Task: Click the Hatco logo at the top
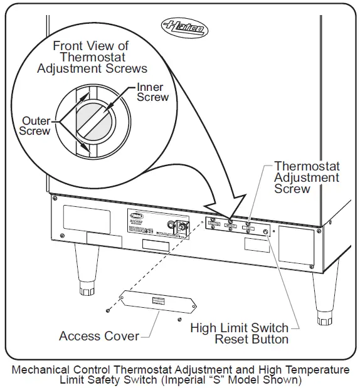[185, 27]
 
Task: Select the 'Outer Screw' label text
[34, 125]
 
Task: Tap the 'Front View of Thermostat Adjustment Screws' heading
[92, 57]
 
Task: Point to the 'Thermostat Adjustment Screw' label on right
[307, 177]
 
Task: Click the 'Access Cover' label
[99, 336]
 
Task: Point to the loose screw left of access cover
[108, 310]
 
